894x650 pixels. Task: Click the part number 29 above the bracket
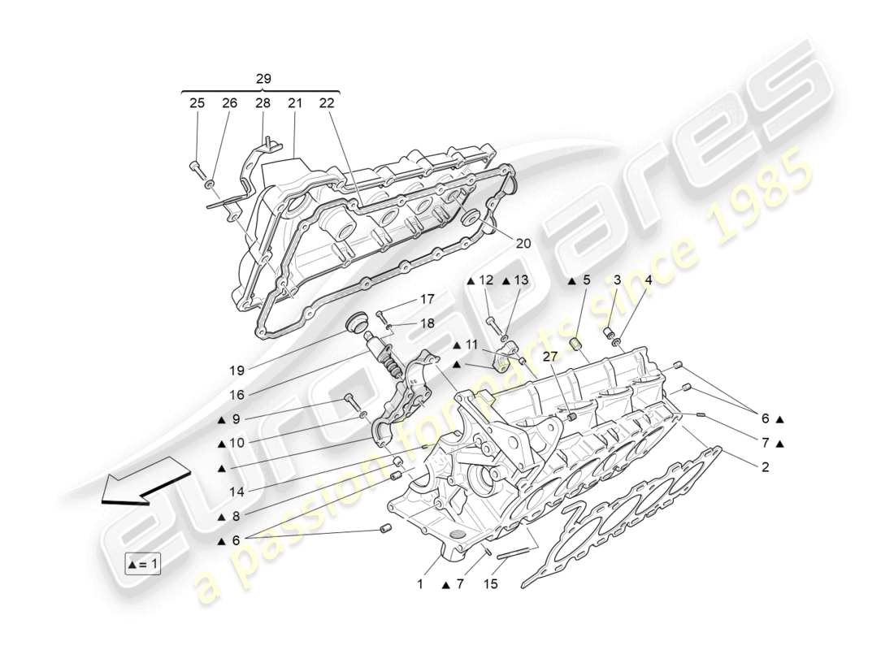coord(263,79)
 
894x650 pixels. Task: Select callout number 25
coord(197,103)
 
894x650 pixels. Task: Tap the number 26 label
coord(229,103)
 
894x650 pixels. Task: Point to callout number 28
coord(263,103)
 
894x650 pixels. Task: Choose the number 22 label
coord(326,103)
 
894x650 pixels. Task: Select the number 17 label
coord(427,299)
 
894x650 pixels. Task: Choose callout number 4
coord(648,280)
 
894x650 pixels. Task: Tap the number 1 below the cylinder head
coord(421,583)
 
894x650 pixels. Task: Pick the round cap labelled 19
coord(354,323)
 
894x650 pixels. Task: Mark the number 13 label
coord(521,280)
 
